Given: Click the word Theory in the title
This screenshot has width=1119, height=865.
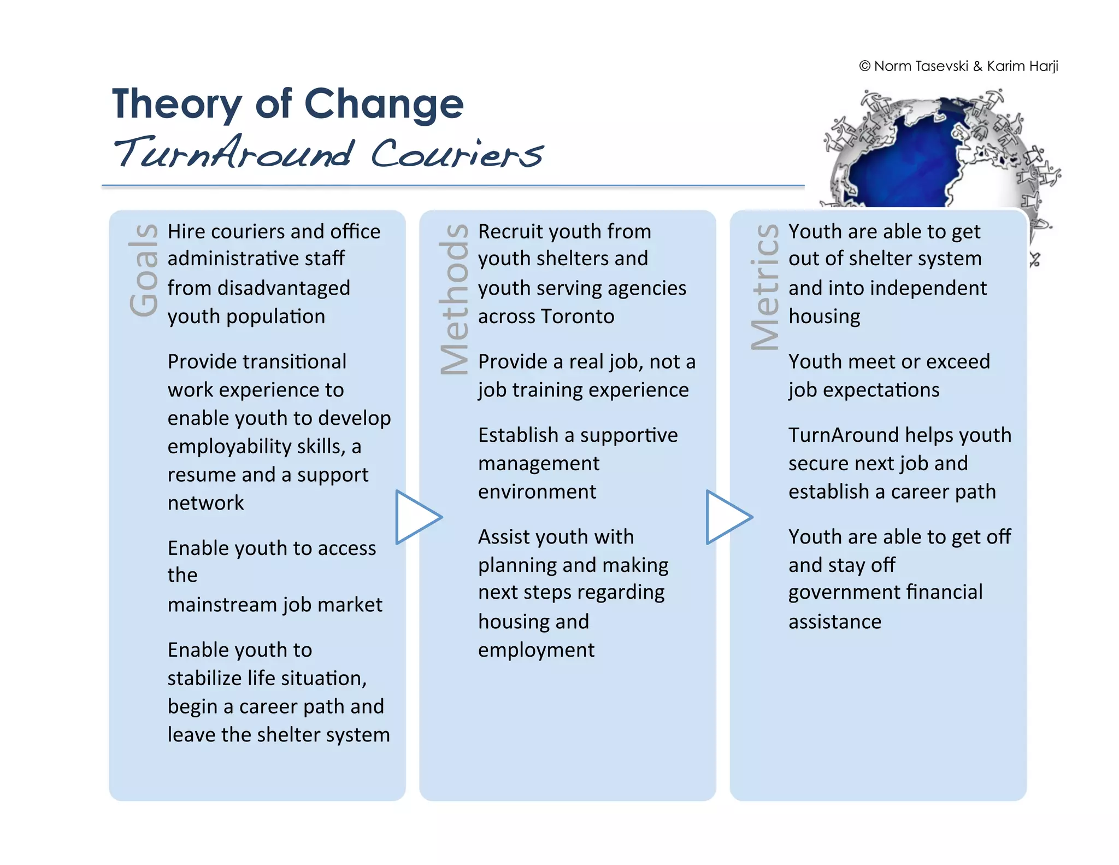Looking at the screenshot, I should [x=176, y=104].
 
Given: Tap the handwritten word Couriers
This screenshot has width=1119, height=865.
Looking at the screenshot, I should [x=456, y=154].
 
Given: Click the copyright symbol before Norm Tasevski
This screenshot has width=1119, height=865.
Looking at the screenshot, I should [x=864, y=66].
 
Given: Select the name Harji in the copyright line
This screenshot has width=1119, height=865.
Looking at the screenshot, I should [x=1044, y=66].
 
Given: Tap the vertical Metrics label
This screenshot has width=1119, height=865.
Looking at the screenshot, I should [x=765, y=287].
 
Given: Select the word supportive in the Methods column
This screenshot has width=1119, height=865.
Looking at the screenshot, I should [x=628, y=435].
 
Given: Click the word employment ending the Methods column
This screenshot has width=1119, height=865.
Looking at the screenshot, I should [x=535, y=650].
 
